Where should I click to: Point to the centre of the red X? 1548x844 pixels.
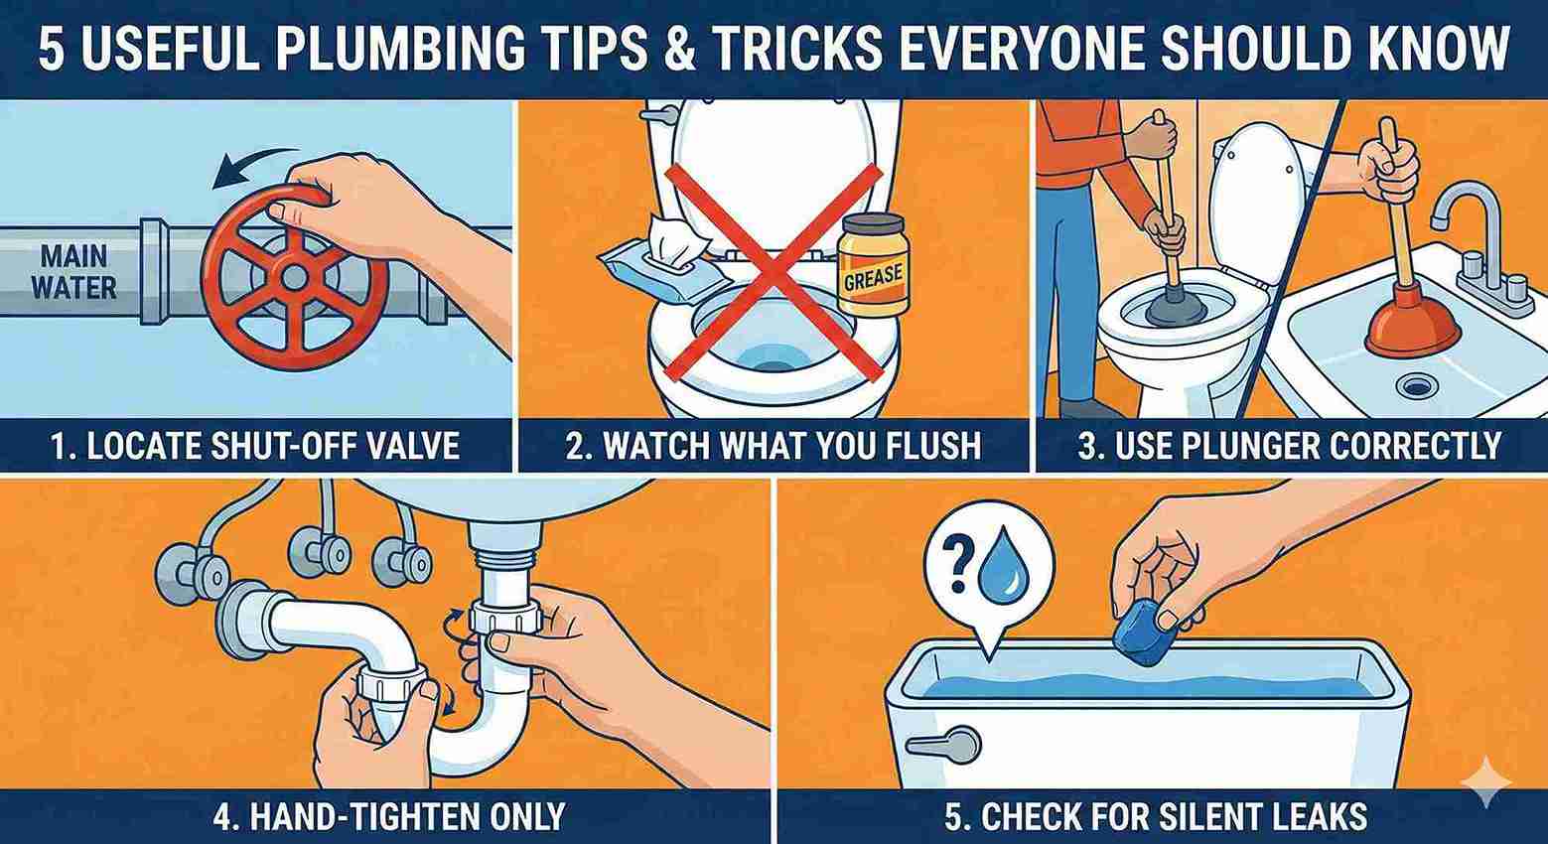[772, 270]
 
